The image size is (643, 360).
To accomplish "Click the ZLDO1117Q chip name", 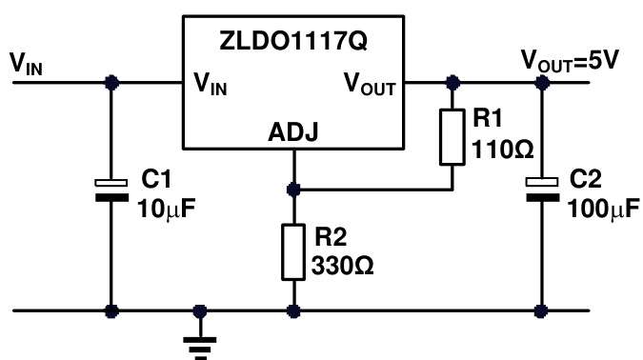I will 293,43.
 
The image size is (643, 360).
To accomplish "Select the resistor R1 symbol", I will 452,136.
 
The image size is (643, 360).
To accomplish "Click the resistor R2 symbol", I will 294,251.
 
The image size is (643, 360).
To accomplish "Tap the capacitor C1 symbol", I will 111,190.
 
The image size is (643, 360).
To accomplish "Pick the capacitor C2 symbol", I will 543,190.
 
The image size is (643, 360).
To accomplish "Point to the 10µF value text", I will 170,205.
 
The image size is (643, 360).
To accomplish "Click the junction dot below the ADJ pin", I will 294,189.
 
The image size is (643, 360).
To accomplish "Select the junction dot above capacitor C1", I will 111,83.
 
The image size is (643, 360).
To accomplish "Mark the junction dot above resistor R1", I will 452,83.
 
